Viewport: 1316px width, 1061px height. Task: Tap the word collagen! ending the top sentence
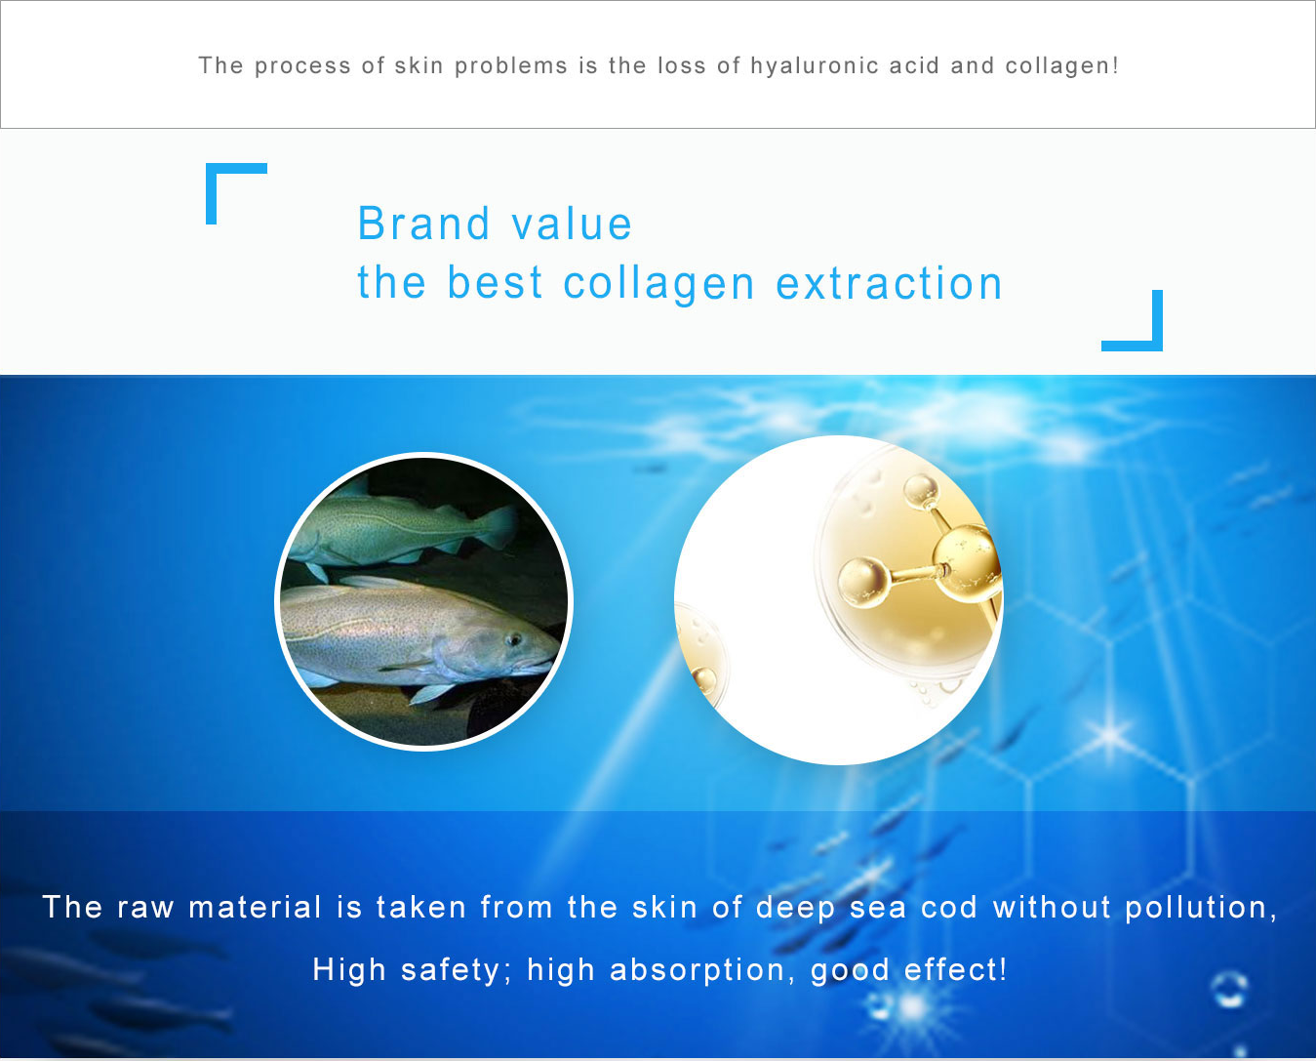[x=1062, y=66]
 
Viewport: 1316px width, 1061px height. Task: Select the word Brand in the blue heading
[x=423, y=224]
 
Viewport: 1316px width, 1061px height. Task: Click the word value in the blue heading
[x=572, y=224]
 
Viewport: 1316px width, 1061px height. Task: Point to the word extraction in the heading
[x=890, y=283]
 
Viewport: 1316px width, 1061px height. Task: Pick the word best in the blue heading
[x=496, y=283]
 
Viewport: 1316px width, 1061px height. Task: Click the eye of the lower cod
[x=514, y=639]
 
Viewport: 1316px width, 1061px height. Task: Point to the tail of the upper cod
[x=498, y=526]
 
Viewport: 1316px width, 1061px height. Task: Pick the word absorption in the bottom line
[x=698, y=970]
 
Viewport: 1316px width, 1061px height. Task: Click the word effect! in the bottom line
[x=955, y=969]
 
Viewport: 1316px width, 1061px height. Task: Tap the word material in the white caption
[x=255, y=907]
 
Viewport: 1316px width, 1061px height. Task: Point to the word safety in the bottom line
[x=451, y=971]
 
